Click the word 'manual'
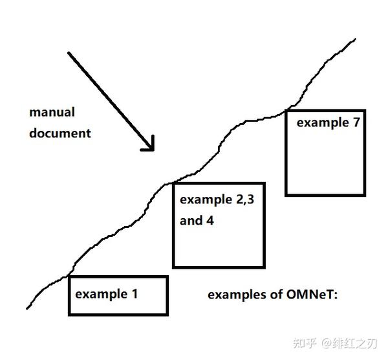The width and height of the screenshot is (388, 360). click(52, 112)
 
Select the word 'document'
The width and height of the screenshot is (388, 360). click(60, 133)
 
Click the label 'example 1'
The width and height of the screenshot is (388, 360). click(107, 294)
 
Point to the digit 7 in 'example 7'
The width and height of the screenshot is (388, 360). click(355, 122)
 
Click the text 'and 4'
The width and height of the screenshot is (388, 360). click(197, 220)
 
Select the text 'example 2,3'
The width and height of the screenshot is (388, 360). click(217, 199)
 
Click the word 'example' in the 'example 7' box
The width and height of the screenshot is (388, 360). click(322, 122)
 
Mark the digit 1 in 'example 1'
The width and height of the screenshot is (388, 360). click(135, 294)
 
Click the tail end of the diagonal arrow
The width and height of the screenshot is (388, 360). click(69, 53)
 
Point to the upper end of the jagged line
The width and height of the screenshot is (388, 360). click(354, 40)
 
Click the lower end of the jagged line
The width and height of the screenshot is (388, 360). click(28, 308)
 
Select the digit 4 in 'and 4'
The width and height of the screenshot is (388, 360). click(210, 220)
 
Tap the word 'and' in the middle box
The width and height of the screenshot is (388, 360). click(191, 220)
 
